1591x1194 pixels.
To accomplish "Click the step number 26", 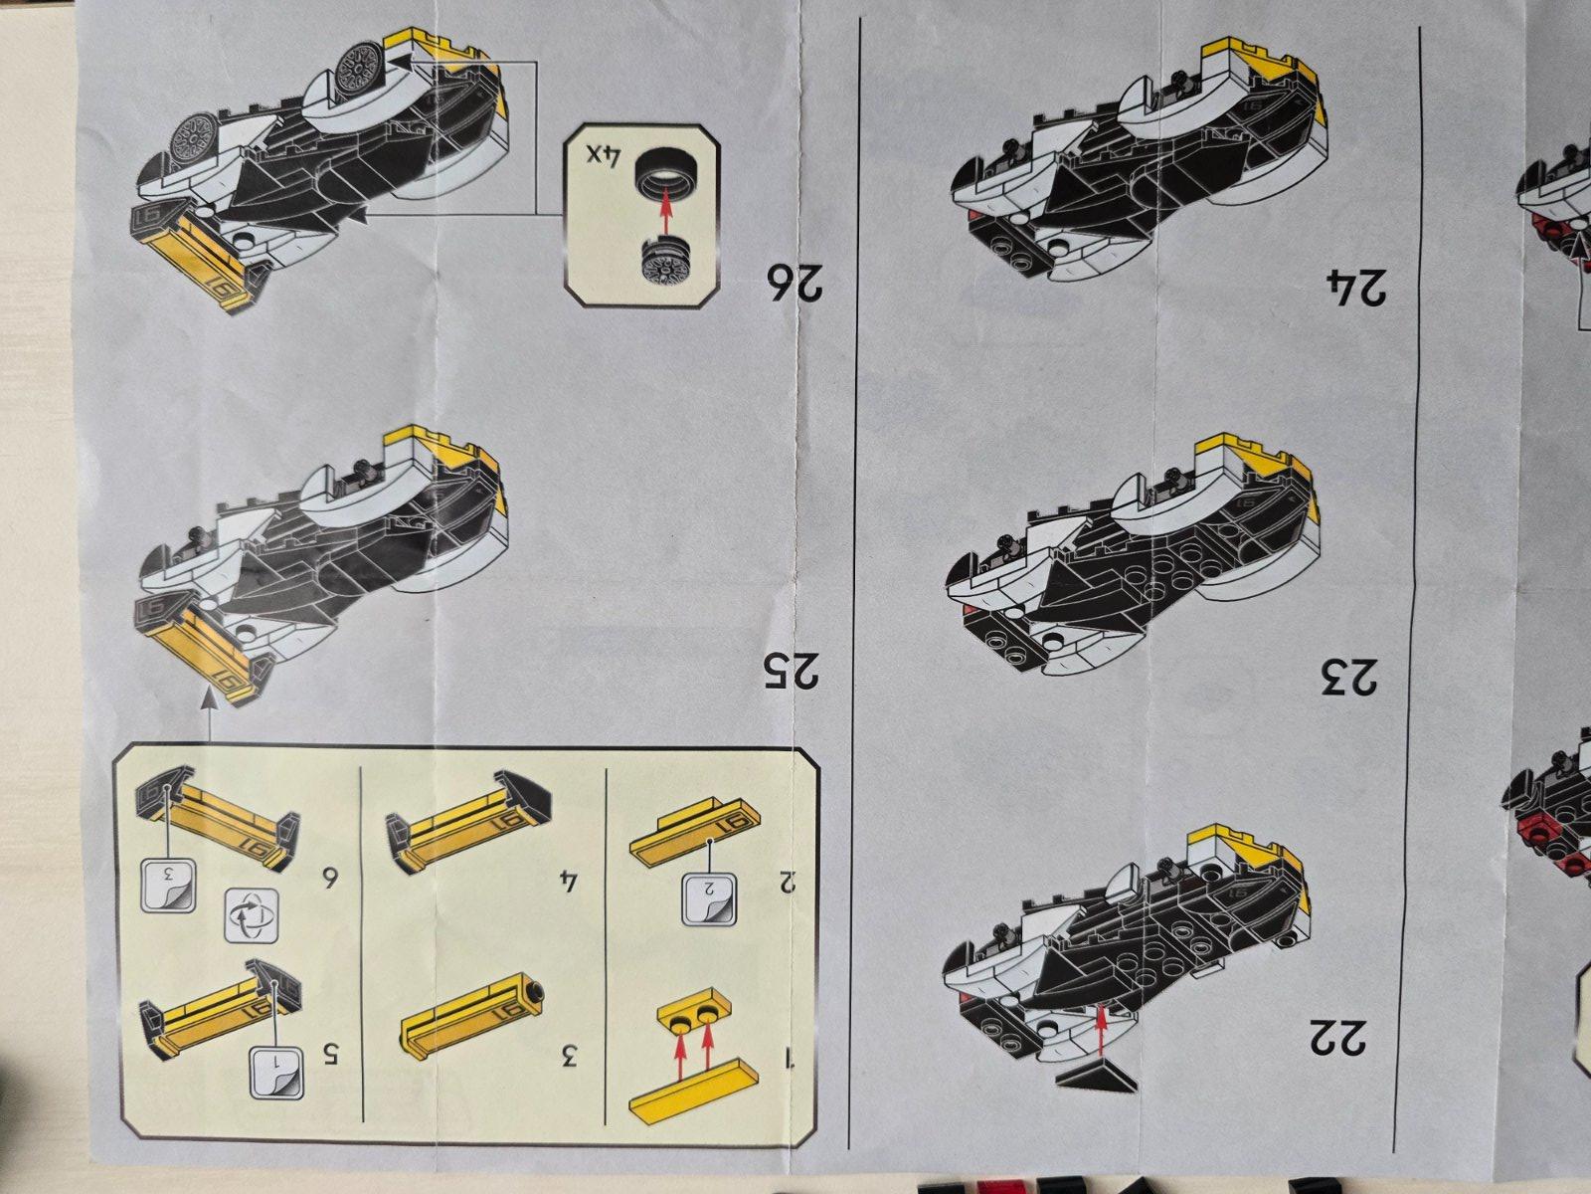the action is [x=795, y=284].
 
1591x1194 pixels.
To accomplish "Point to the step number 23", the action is [x=1349, y=677].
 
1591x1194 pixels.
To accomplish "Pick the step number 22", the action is [x=1337, y=1036].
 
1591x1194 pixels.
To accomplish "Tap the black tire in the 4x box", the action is [x=662, y=178].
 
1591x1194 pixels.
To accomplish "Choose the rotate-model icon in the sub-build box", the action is [x=251, y=915].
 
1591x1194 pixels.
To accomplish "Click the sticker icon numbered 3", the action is [x=168, y=886].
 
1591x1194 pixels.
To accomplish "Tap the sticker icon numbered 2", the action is [x=710, y=899].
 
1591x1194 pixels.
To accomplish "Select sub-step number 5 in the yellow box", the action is [x=330, y=1055].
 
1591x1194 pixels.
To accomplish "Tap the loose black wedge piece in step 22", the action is [x=1096, y=1077].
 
